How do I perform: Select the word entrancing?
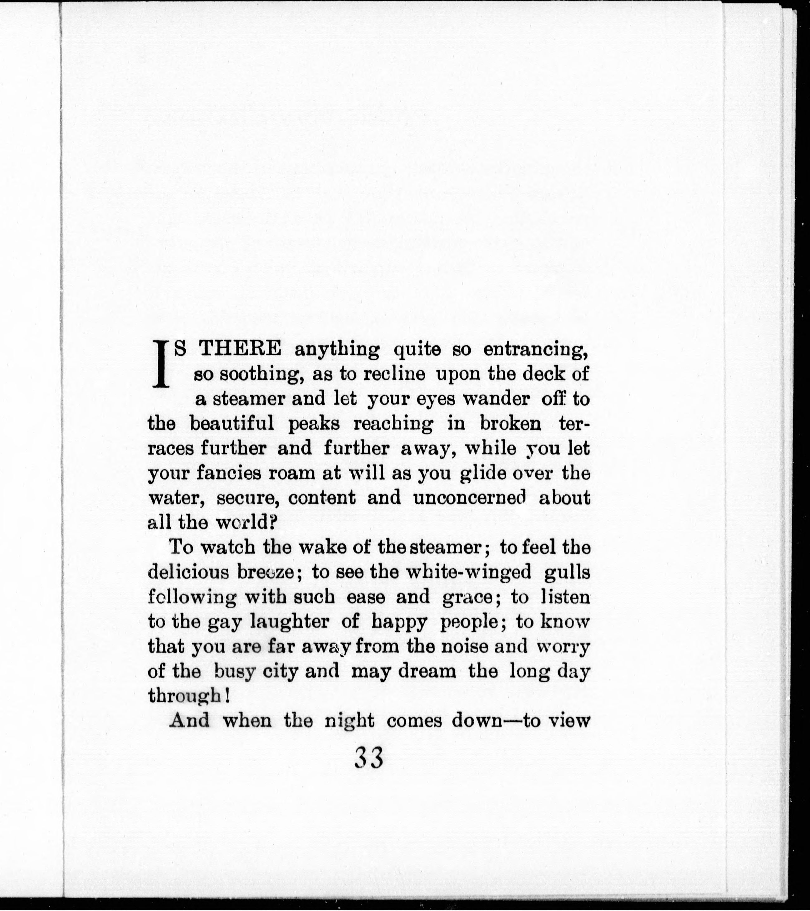(x=537, y=350)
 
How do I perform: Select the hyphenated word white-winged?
(x=456, y=572)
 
